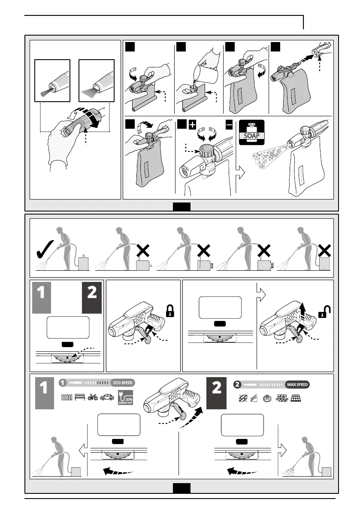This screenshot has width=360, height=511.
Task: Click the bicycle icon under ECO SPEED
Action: pos(93,398)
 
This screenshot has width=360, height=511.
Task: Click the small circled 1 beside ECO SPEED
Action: pos(63,383)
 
